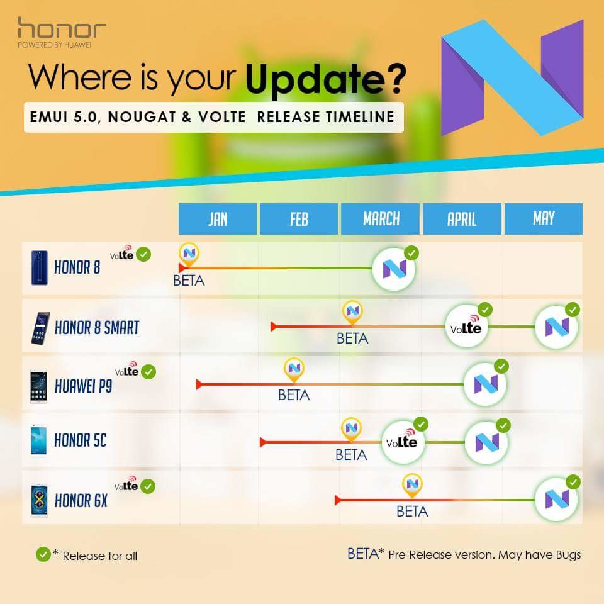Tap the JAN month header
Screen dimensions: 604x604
coord(218,219)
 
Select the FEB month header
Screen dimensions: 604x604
coord(299,219)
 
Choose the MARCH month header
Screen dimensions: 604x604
coord(381,219)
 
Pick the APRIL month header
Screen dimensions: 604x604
coord(462,219)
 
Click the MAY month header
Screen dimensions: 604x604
coord(544,219)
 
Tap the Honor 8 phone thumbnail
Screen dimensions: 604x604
coord(39,268)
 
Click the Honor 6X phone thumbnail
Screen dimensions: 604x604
coord(39,500)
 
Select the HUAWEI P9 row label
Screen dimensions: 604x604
coord(83,386)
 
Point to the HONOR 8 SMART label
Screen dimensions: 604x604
coord(97,327)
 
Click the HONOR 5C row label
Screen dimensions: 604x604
coord(80,440)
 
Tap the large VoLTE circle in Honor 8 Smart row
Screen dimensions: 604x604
coord(466,327)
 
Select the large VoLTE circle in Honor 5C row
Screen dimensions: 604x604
coord(403,442)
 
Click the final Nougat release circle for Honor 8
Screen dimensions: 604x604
coord(394,269)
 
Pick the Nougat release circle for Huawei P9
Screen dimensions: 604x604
coord(485,384)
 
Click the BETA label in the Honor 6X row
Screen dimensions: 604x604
coord(412,512)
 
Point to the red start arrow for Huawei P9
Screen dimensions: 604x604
coord(199,384)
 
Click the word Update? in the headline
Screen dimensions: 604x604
coord(326,79)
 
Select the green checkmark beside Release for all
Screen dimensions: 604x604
coord(43,555)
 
